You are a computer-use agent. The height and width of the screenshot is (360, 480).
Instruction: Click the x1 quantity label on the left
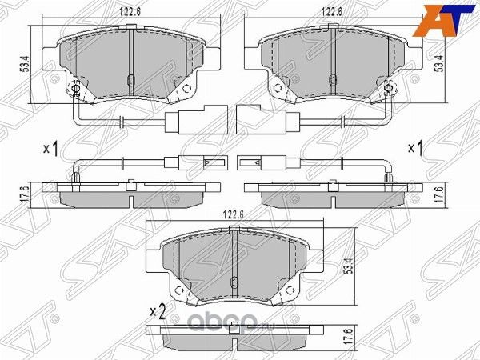point(50,149)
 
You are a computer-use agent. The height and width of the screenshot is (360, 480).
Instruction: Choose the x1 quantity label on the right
point(415,149)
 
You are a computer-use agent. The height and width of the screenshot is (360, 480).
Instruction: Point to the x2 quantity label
point(157,312)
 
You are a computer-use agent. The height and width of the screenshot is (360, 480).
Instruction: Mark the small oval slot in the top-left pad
point(130,78)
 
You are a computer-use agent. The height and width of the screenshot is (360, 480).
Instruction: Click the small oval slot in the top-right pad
point(335,78)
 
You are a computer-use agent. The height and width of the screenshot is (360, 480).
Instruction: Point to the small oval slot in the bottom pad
point(232,282)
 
